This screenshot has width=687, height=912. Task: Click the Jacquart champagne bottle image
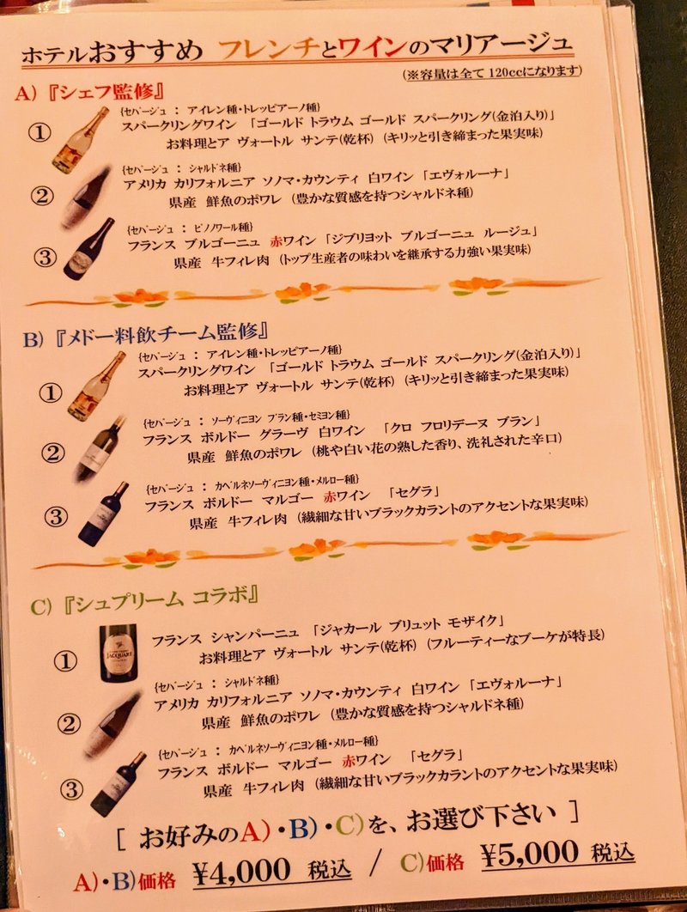[118, 653]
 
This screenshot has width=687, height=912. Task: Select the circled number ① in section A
[40, 133]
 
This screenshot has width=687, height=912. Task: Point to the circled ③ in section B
[55, 517]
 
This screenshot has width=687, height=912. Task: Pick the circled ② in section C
[69, 724]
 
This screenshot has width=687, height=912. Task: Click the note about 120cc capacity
[499, 73]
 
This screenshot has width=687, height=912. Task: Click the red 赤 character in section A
[276, 238]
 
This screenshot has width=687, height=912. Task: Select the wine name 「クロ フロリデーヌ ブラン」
[463, 424]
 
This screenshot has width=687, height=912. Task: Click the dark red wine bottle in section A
[88, 250]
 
